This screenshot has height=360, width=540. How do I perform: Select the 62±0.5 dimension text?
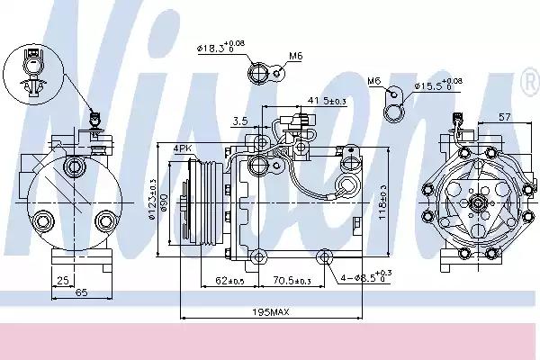tap(229, 280)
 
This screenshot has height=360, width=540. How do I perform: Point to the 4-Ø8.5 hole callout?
tap(364, 276)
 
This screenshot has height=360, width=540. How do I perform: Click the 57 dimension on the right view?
tap(505, 117)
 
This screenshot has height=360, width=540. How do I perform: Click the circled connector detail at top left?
tap(31, 67)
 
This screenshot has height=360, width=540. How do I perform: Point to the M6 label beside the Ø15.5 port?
tap(374, 82)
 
